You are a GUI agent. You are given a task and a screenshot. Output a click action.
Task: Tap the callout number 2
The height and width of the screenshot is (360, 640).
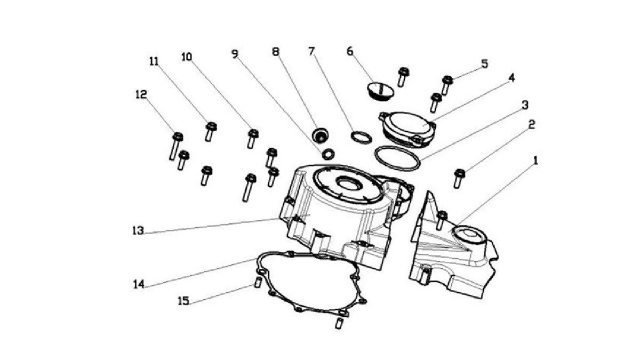tap(531, 125)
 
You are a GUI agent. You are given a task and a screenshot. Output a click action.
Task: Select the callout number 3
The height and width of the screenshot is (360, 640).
tap(525, 105)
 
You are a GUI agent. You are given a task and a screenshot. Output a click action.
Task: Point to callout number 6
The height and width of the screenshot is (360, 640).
tap(350, 51)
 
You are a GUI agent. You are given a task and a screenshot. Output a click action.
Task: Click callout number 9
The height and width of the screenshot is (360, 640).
tap(235, 53)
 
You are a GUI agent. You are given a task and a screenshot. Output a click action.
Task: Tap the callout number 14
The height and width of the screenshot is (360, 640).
tap(139, 284)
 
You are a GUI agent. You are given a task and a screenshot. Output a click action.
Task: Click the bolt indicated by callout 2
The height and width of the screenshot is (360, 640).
tap(459, 178)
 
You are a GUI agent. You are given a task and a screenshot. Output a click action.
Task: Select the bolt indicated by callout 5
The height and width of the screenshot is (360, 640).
tap(447, 84)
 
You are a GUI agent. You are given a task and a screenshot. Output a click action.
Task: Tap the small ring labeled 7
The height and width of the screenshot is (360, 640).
tap(361, 137)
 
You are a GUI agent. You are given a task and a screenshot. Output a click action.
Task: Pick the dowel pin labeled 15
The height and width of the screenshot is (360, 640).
tap(257, 282)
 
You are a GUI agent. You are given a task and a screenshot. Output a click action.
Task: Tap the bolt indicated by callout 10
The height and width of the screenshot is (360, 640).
tap(253, 138)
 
